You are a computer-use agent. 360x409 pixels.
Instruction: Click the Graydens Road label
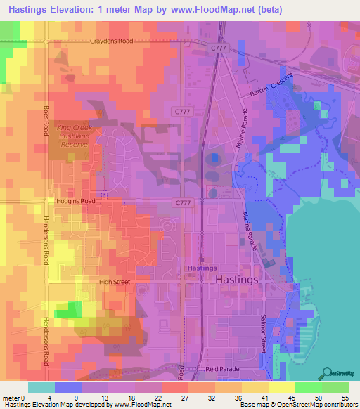point(110,41)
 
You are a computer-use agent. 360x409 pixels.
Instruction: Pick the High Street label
point(114,282)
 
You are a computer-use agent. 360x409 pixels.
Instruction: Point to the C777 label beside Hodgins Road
point(182,202)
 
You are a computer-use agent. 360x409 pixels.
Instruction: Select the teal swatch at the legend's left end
point(41,387)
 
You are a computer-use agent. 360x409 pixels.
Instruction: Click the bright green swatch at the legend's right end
point(335,387)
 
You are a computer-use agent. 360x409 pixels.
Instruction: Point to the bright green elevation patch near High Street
point(67,310)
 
